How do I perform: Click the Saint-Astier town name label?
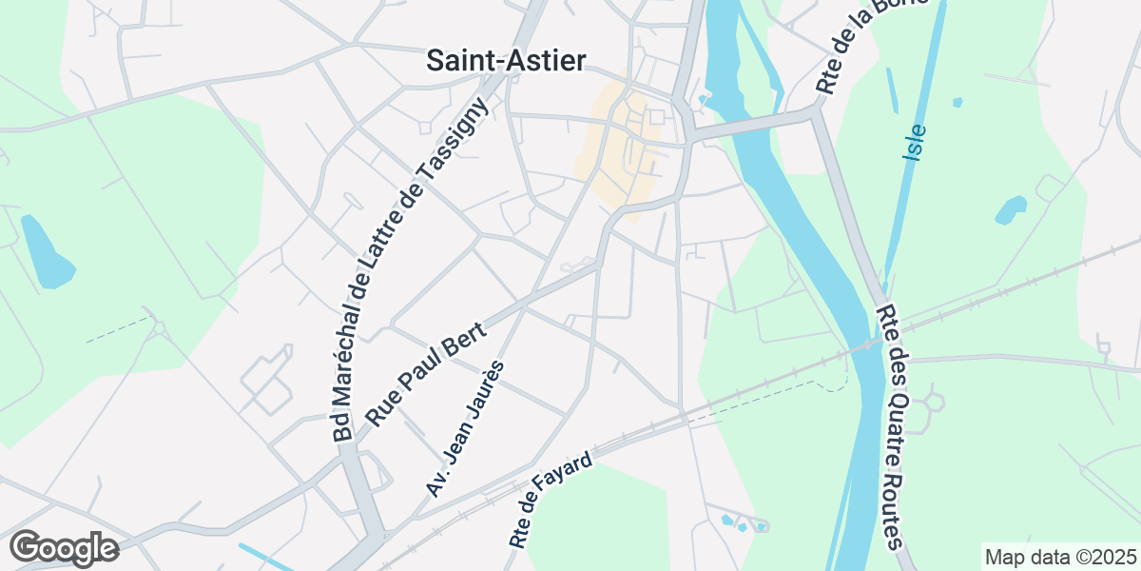506,60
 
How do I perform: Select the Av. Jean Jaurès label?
465,429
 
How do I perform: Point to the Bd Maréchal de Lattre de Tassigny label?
411,270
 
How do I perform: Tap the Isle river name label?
915,142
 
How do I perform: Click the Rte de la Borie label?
851,49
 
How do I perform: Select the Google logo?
64,548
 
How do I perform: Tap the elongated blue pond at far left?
45,252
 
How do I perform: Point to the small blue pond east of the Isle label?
1011,209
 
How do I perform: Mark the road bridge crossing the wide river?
751,126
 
